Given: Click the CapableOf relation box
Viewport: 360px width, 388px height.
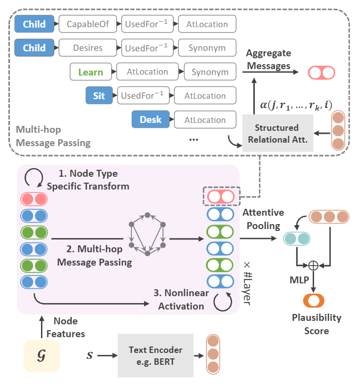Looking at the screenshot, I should pyautogui.click(x=87, y=24).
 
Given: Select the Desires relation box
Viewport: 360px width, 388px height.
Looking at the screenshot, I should pyautogui.click(x=87, y=48).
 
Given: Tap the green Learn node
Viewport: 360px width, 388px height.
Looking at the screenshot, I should pyautogui.click(x=91, y=72).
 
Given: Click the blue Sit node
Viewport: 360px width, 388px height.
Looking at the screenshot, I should pyautogui.click(x=99, y=95).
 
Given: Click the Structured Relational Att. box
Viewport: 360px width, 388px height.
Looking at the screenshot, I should pyautogui.click(x=277, y=133).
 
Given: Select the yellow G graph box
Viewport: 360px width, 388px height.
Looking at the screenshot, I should pyautogui.click(x=42, y=355).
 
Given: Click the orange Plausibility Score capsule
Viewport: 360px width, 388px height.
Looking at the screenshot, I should pyautogui.click(x=314, y=300).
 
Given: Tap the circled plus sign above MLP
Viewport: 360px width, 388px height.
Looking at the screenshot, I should pyautogui.click(x=313, y=266).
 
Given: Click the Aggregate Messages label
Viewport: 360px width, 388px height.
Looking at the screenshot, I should pyautogui.click(x=269, y=59).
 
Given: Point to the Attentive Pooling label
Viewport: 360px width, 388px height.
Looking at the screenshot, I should pyautogui.click(x=263, y=219).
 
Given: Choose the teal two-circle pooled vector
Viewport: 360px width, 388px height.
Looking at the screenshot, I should pyautogui.click(x=296, y=239).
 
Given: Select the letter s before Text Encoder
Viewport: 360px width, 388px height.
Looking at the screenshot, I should pyautogui.click(x=89, y=355).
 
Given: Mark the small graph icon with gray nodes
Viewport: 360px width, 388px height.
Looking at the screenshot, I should pyautogui.click(x=147, y=234).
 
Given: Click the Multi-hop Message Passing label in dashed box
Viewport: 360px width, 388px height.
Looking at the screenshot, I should pyautogui.click(x=53, y=137).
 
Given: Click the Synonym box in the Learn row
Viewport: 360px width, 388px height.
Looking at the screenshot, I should pyautogui.click(x=210, y=72).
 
